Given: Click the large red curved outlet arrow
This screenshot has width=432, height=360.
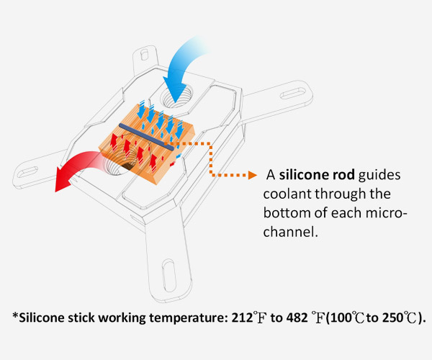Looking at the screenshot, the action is [x=74, y=166].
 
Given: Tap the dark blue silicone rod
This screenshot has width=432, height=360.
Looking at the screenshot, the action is [x=146, y=137].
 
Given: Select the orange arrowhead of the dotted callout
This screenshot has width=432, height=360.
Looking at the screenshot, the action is [x=253, y=175].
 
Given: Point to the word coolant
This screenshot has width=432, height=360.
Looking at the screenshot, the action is [x=287, y=194].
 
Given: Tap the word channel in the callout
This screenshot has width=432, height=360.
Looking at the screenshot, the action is [x=289, y=232].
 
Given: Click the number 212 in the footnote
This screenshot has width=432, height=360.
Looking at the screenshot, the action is [x=242, y=318].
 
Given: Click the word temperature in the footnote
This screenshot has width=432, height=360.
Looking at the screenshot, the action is [x=188, y=318].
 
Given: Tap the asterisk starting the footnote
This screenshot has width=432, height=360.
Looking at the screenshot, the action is [x=15, y=315].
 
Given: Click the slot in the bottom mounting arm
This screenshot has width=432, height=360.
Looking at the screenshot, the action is [x=169, y=276].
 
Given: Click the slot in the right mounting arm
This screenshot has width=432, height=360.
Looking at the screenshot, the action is [x=293, y=94].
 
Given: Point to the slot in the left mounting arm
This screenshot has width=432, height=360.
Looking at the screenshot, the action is [x=27, y=172].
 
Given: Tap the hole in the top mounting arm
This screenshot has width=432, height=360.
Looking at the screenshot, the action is [x=144, y=55].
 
